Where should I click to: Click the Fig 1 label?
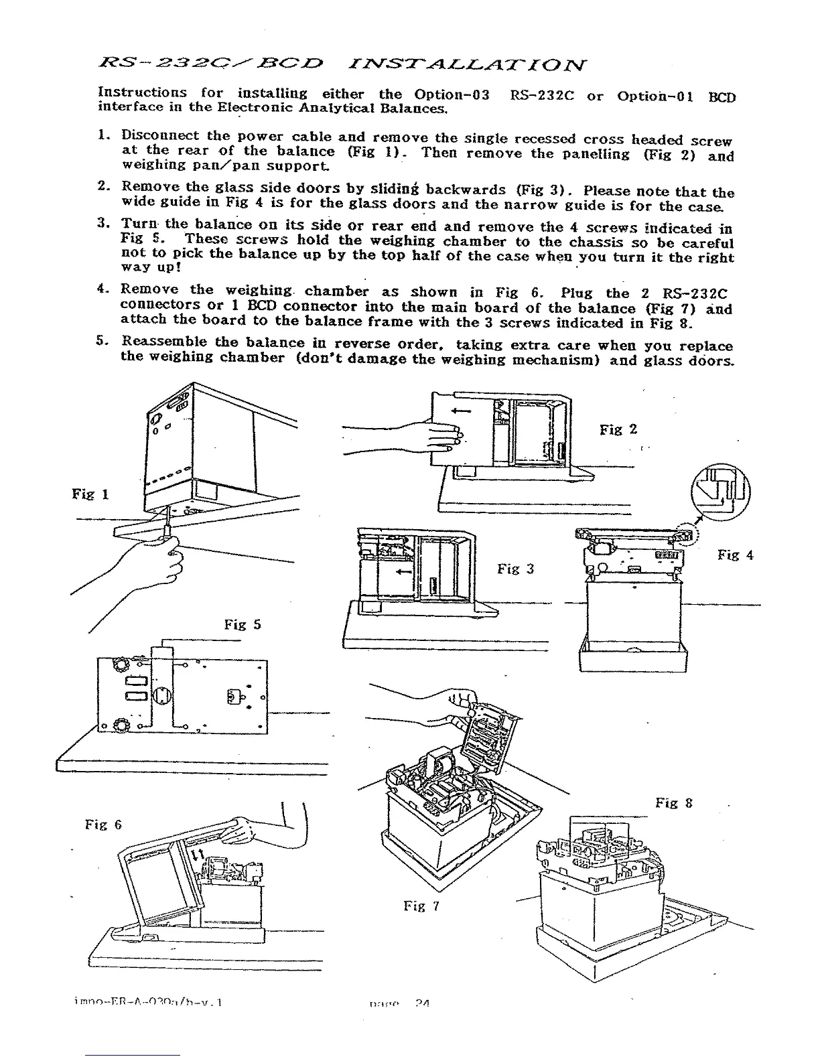[90, 494]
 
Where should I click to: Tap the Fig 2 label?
[618, 429]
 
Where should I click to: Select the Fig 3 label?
[515, 569]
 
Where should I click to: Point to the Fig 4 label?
[735, 555]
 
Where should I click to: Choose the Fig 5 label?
[243, 625]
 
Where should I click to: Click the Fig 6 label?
[103, 825]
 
